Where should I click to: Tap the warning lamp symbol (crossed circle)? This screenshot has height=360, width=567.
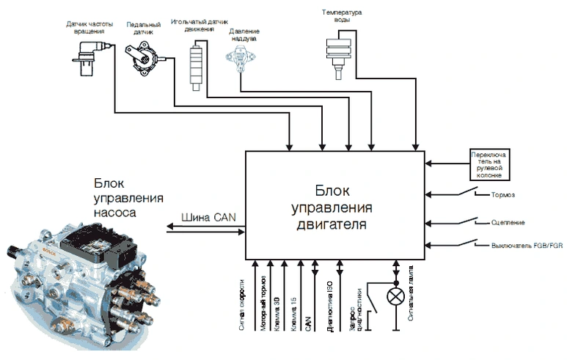(396, 297)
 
